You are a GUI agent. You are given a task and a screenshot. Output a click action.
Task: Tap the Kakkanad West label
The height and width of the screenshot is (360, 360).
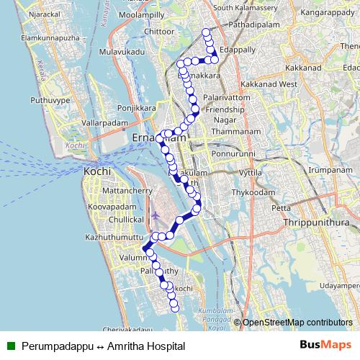(268, 84)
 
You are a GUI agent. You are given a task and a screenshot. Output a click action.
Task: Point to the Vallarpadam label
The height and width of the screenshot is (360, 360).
(104, 123)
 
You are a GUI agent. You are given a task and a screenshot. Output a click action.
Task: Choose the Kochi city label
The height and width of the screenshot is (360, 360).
(97, 172)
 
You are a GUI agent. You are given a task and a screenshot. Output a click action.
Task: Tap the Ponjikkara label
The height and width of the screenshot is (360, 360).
(137, 108)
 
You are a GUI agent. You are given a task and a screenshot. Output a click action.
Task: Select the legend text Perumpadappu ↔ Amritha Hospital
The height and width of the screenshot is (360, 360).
(103, 346)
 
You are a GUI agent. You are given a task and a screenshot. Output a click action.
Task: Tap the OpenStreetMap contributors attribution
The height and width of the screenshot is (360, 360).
(297, 323)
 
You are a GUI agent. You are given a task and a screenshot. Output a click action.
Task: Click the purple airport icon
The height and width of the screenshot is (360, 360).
(156, 215)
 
